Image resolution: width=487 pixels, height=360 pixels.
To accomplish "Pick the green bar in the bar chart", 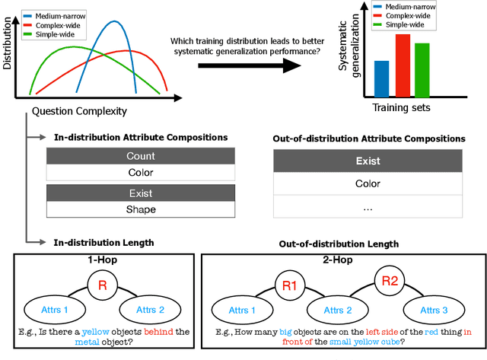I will tap(422, 71).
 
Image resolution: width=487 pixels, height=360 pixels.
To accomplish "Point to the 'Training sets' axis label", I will tap(402, 107).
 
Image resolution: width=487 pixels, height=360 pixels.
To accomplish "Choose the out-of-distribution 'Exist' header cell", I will tap(368, 161).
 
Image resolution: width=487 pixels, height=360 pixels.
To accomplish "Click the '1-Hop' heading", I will tap(102, 260).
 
